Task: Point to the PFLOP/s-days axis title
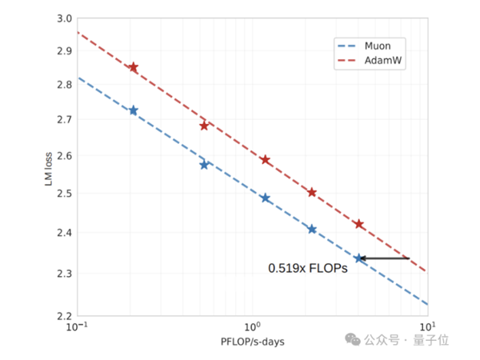(252, 342)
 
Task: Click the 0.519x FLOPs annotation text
(307, 270)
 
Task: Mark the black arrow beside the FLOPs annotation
(384, 258)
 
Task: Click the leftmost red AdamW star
(134, 67)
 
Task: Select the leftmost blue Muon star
(134, 110)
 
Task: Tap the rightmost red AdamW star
(359, 224)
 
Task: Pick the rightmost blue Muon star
(359, 258)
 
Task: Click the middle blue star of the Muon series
(266, 198)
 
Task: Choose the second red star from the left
(204, 126)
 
